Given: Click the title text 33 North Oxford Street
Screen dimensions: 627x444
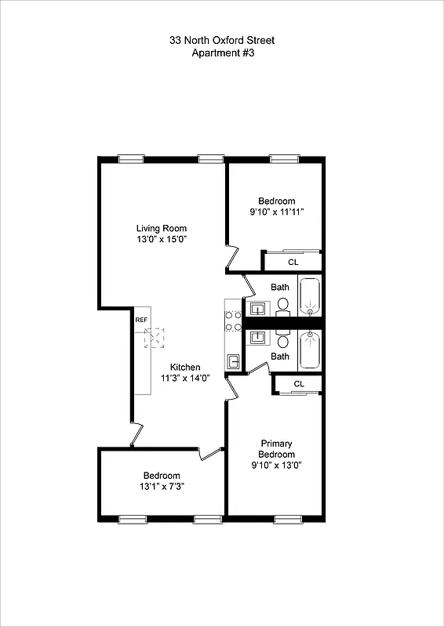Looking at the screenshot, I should (x=222, y=40).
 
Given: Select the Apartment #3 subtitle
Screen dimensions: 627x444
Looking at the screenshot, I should (x=222, y=53).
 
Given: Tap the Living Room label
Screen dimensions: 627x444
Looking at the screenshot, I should (x=161, y=228).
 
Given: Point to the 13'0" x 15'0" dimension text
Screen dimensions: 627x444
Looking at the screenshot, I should (x=161, y=240).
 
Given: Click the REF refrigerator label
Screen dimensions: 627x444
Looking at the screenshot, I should (x=141, y=320).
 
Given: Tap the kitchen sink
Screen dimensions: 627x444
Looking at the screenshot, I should (x=233, y=361).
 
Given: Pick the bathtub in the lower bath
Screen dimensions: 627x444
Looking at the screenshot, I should (x=311, y=350).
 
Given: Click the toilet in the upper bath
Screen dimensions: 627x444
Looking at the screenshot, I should (x=283, y=304).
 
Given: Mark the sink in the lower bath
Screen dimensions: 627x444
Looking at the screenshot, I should (x=257, y=339).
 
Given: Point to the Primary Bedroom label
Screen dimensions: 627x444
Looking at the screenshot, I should (x=277, y=449).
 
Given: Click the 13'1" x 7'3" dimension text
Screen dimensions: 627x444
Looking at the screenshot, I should (x=162, y=487).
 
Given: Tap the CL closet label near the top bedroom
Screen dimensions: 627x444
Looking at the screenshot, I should (x=293, y=262).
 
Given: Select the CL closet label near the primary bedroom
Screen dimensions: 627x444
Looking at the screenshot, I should (x=299, y=383).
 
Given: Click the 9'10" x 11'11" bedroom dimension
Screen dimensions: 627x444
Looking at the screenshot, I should (x=277, y=212).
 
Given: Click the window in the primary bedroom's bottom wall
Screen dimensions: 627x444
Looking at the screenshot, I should (x=286, y=518).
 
